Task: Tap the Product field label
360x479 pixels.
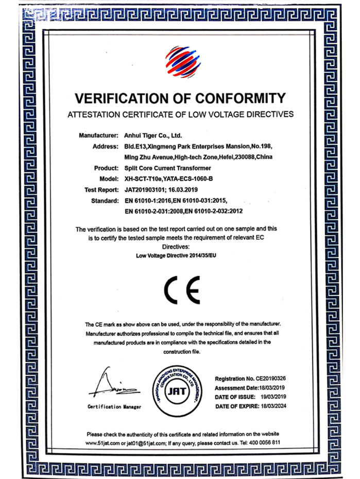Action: pos(108,168)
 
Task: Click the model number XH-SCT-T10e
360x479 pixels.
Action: pos(145,179)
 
